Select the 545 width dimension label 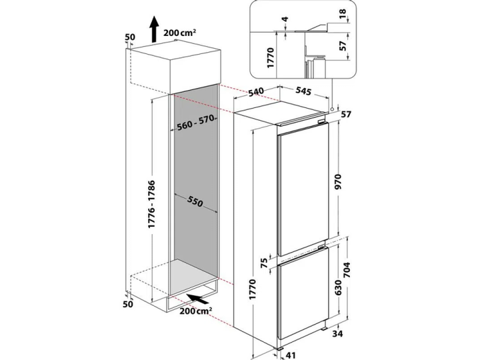(x=303, y=91)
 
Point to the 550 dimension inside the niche (x=195, y=202)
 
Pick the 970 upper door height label (x=337, y=181)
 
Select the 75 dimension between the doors (x=264, y=263)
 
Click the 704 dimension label (x=347, y=270)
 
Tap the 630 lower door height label (x=337, y=287)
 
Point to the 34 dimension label (x=337, y=333)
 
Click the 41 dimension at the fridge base (x=291, y=355)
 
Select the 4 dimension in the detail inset (x=285, y=19)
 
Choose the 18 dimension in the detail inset (x=343, y=13)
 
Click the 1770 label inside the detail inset (x=270, y=58)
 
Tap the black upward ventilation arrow (x=155, y=29)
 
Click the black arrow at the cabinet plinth (x=197, y=299)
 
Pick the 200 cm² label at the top (x=180, y=33)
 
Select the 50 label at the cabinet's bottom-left (x=128, y=304)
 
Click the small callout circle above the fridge (x=332, y=109)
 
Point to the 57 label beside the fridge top (x=346, y=115)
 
